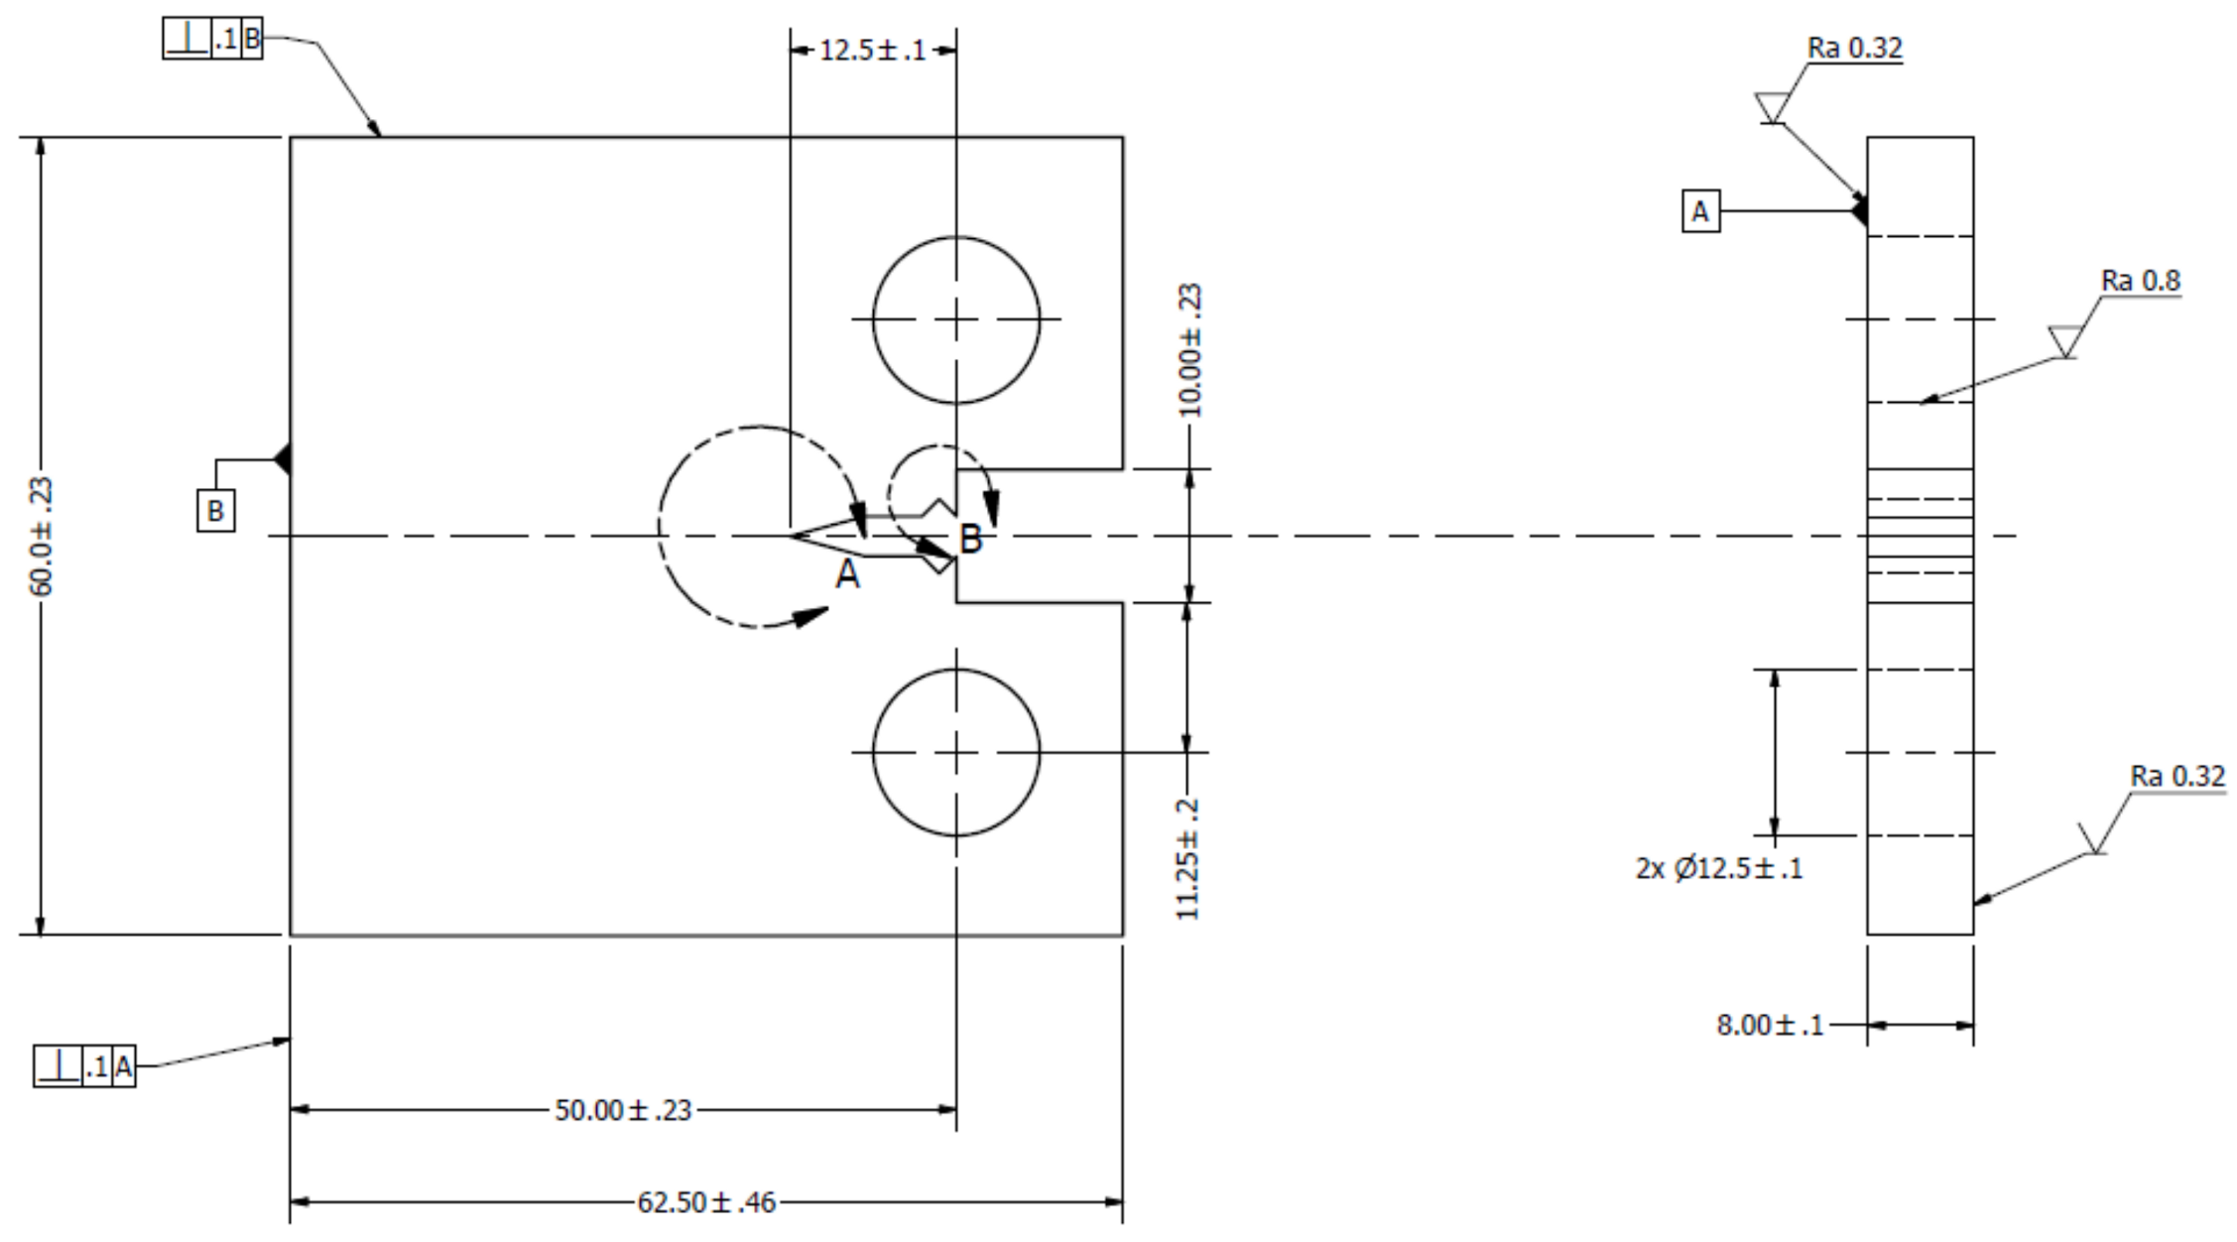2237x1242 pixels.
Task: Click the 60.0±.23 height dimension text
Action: (x=43, y=537)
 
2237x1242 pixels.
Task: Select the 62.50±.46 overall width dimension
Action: (x=705, y=1202)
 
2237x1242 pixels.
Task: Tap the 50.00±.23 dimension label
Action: (x=622, y=1110)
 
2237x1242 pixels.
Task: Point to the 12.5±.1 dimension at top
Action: (x=872, y=50)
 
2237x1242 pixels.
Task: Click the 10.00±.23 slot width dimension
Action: (x=1190, y=350)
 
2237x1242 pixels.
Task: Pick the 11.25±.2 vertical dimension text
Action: (x=1188, y=859)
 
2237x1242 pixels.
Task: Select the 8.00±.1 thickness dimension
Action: (x=1770, y=1025)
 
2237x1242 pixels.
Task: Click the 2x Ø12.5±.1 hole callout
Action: (x=1719, y=869)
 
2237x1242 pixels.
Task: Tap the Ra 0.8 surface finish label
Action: (x=2141, y=282)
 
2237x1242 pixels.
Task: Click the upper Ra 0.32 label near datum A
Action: (x=1854, y=49)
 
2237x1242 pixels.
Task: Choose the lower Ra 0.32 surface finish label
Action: (x=2177, y=776)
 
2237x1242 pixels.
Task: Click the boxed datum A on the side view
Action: (x=1700, y=211)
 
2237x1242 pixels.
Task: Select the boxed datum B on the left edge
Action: (x=215, y=511)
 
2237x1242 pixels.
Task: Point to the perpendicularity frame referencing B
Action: (x=212, y=41)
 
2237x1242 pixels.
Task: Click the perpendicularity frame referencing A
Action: (x=84, y=1067)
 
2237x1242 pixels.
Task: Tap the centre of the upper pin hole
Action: (x=956, y=319)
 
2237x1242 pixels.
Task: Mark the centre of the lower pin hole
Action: (x=956, y=752)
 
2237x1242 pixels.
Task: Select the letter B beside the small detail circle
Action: (x=971, y=540)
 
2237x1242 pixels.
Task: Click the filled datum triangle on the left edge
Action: (x=283, y=459)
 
